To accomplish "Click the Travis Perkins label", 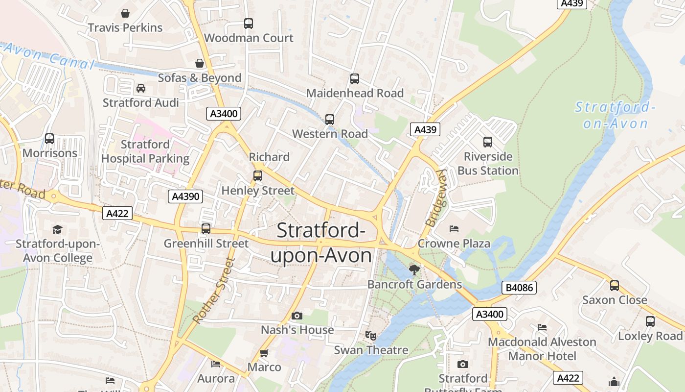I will coord(125,27).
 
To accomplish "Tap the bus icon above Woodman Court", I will coord(249,23).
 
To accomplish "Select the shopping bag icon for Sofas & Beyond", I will coord(200,63).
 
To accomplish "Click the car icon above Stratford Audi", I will coord(141,88).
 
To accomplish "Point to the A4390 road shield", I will coord(186,196).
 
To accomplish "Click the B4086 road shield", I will coord(519,288).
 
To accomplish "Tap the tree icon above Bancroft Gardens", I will coord(414,269).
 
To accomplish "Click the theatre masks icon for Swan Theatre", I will coord(371,336).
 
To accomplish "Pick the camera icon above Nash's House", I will coord(297,316).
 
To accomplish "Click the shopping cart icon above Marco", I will coord(264,353).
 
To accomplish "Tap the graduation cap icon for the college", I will coord(58,229).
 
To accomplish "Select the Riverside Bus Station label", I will coord(488,164).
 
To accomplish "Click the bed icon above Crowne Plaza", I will coord(454,229).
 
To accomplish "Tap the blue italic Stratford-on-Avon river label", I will coord(615,115).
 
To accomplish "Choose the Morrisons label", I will coord(50,153).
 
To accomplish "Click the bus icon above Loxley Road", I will coord(650,321).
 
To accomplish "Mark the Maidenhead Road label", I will coord(355,93).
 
